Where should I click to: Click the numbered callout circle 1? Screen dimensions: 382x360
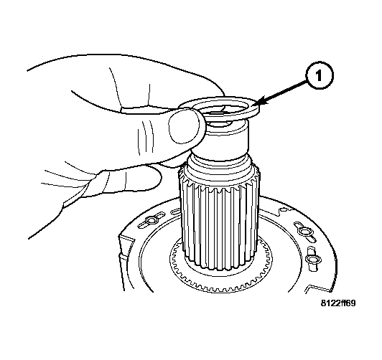coord(318,76)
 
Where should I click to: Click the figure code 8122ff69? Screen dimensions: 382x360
coord(338,303)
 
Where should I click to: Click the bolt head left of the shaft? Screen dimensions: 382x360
coord(150,221)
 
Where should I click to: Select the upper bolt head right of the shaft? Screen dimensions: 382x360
coord(304,230)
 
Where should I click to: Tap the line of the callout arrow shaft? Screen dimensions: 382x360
coord(283,92)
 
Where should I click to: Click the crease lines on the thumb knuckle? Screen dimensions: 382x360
coord(146,138)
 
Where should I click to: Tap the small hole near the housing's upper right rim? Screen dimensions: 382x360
coord(283,209)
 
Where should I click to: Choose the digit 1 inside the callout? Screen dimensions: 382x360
coord(319,76)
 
